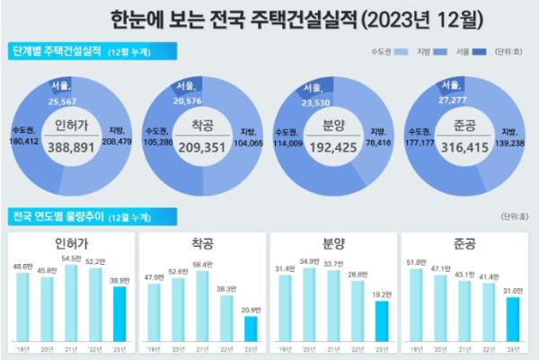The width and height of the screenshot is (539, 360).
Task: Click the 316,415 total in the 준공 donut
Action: (464, 145)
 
